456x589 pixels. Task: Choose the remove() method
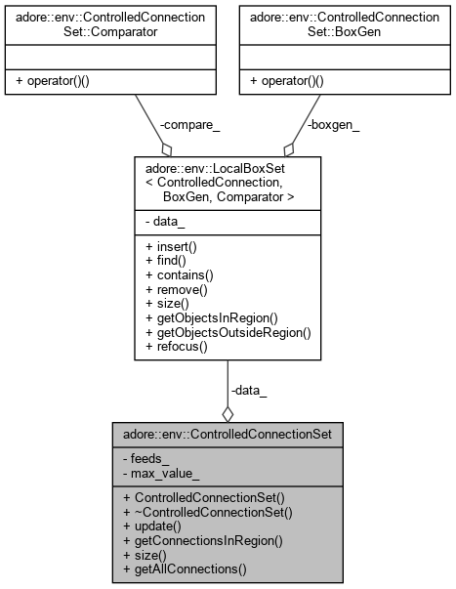tap(177, 291)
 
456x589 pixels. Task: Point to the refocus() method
tap(177, 346)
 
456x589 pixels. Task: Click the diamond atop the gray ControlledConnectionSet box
tap(228, 414)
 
